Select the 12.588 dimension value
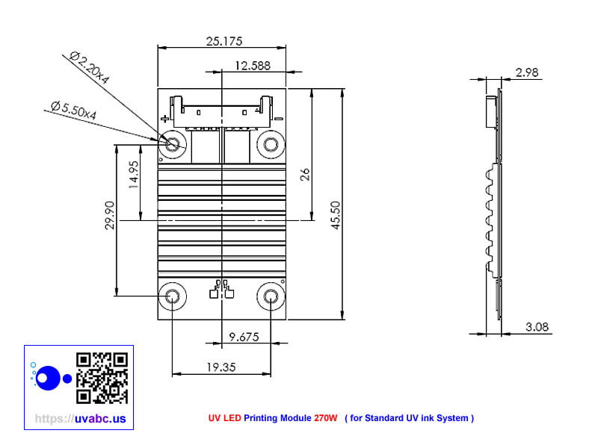252,66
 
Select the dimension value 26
305,174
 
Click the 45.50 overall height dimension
336,214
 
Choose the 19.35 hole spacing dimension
221,367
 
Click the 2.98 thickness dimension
527,72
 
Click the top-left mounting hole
173,143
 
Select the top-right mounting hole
269,143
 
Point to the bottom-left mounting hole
173,296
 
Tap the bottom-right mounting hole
269,296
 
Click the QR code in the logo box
102,378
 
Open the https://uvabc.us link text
80,419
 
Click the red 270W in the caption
325,418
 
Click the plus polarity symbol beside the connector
164,118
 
